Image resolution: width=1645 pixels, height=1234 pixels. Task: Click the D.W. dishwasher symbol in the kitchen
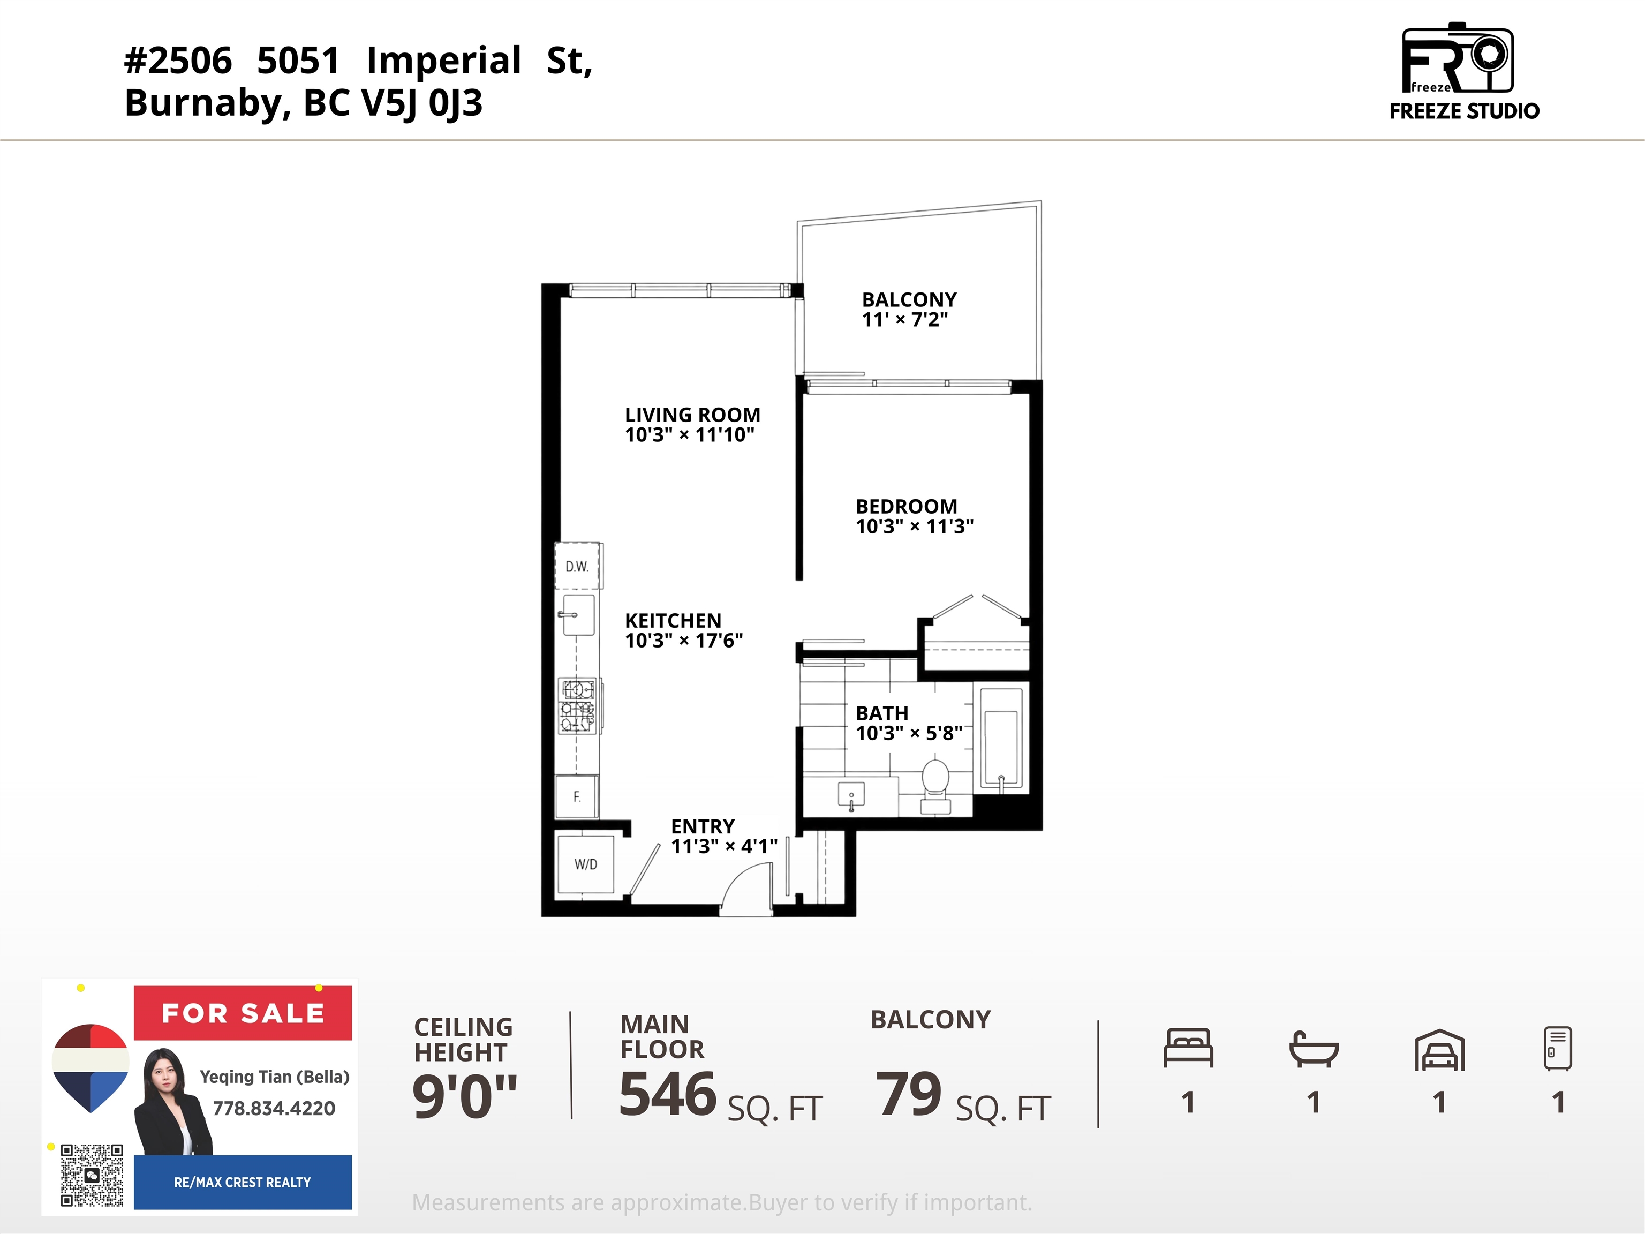coord(578,566)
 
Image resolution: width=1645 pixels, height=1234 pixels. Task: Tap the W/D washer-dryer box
coord(585,863)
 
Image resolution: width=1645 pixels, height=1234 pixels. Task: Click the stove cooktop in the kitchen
coord(578,704)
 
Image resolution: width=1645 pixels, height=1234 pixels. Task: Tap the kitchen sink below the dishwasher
coord(578,614)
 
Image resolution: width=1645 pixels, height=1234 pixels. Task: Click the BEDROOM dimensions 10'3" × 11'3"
coord(914,526)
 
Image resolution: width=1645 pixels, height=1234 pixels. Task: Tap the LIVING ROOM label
coord(692,415)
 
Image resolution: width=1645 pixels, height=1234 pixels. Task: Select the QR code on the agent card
coord(92,1175)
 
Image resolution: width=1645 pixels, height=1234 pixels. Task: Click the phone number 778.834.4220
coord(274,1108)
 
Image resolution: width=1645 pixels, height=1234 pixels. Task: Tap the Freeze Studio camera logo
coord(1458,58)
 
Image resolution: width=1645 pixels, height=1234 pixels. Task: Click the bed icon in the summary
coord(1188,1048)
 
